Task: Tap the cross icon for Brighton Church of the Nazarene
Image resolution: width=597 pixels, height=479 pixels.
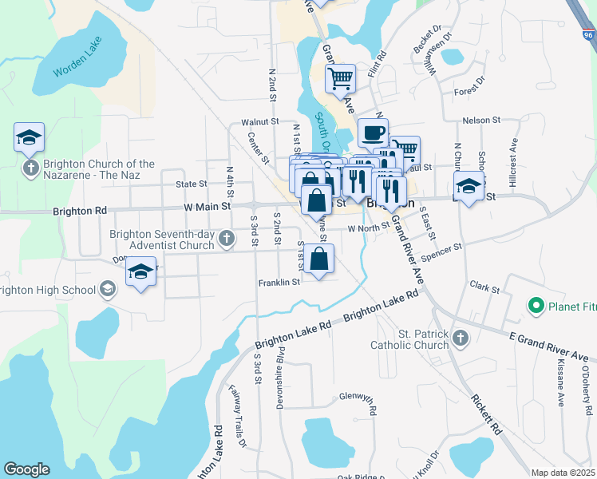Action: (x=30, y=168)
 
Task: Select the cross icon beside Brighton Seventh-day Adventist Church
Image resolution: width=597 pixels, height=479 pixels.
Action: (x=227, y=237)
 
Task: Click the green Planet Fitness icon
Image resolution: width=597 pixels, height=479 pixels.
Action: (x=536, y=305)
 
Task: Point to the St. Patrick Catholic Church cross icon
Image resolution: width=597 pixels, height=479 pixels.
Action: (x=460, y=339)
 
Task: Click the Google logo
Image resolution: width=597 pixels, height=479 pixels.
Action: (x=26, y=469)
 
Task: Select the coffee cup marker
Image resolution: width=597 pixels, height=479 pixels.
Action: (x=373, y=133)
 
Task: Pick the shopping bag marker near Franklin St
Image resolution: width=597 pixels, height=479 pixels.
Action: (x=318, y=259)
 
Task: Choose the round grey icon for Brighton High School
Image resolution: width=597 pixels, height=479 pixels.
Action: (x=107, y=288)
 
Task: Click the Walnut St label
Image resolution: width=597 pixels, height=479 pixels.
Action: (x=259, y=123)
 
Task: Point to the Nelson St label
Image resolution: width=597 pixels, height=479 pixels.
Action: (x=480, y=120)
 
